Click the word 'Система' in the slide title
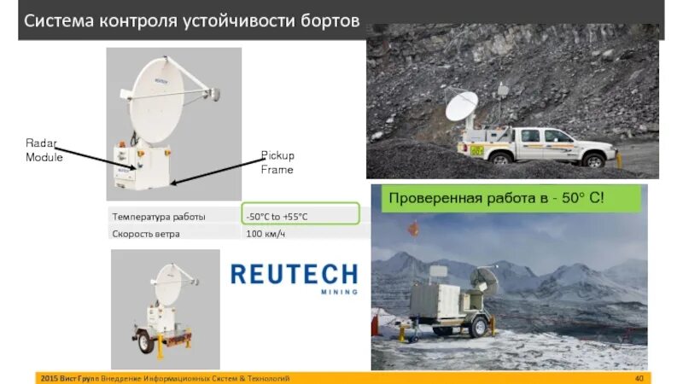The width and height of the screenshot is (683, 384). pyautogui.click(x=58, y=21)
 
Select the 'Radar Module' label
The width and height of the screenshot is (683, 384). pyautogui.click(x=44, y=151)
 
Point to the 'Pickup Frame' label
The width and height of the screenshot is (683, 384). pyautogui.click(x=277, y=162)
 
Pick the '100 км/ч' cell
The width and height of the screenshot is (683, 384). pyautogui.click(x=266, y=234)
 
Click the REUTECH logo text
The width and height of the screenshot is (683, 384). pyautogui.click(x=294, y=274)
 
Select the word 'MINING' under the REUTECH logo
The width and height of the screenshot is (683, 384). pyautogui.click(x=339, y=292)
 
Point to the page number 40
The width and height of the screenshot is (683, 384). pyautogui.click(x=639, y=378)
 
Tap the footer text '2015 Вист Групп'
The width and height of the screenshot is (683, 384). pyautogui.click(x=69, y=378)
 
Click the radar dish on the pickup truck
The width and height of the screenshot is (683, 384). pyautogui.click(x=461, y=107)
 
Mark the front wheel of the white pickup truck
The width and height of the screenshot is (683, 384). pyautogui.click(x=592, y=159)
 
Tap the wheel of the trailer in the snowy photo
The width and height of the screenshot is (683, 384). pyautogui.click(x=479, y=328)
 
